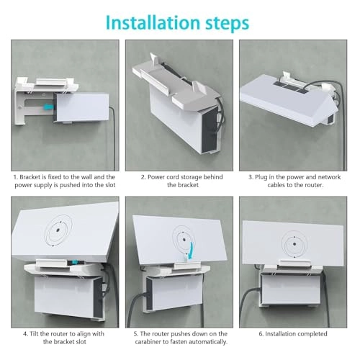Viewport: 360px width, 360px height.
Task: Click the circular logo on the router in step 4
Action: click(58, 232)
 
